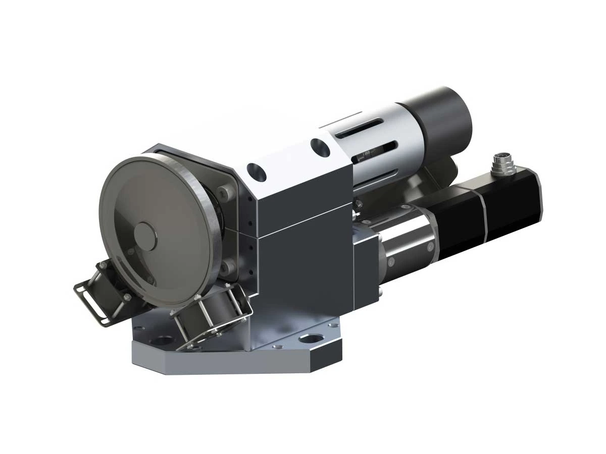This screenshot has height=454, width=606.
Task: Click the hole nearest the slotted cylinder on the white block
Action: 320,147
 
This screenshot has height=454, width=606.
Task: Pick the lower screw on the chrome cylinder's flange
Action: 391,261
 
